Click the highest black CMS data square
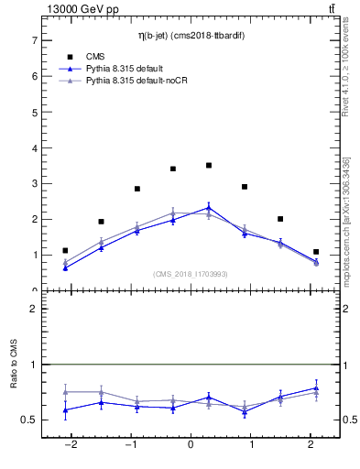pyautogui.click(x=209, y=166)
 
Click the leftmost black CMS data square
pyautogui.click(x=65, y=250)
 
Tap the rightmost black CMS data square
pyautogui.click(x=316, y=252)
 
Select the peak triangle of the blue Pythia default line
pyautogui.click(x=209, y=208)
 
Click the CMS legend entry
pyautogui.click(x=96, y=57)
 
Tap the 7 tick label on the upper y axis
pyautogui.click(x=34, y=41)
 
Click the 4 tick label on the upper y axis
pyautogui.click(x=34, y=148)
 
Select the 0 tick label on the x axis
pyautogui.click(x=191, y=445)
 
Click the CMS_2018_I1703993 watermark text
pyautogui.click(x=190, y=274)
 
